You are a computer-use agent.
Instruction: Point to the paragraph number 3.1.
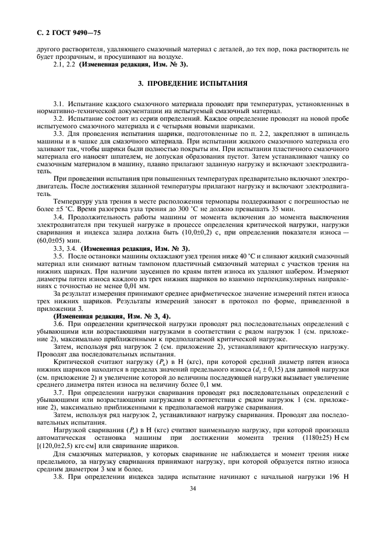[58, 103]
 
